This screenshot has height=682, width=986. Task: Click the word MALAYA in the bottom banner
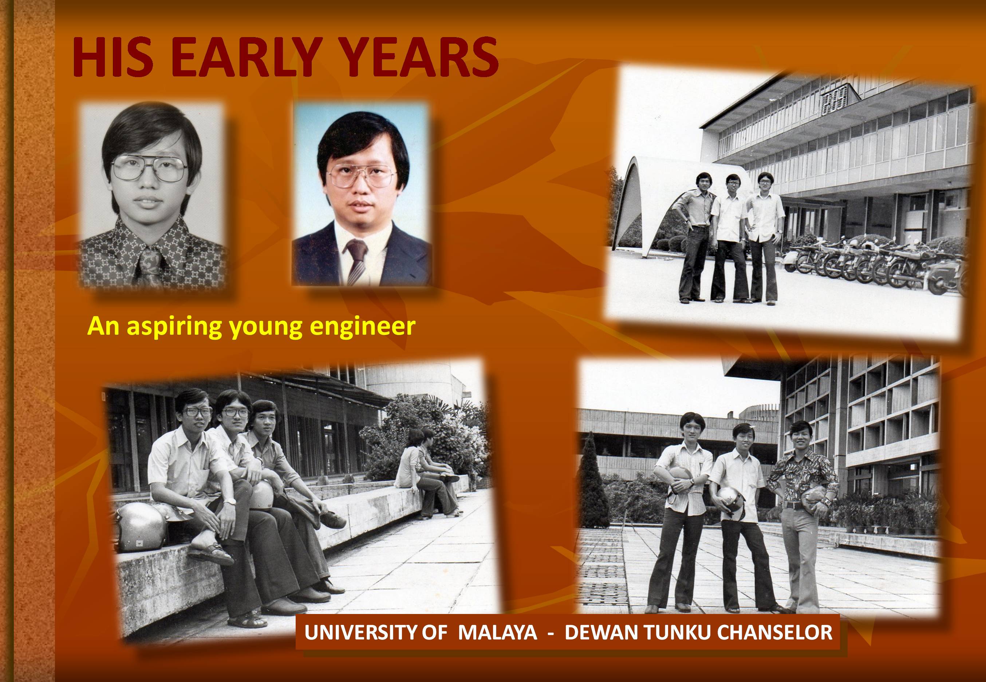click(497, 633)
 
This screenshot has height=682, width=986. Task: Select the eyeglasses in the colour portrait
click(362, 175)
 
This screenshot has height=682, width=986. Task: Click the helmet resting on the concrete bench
click(140, 526)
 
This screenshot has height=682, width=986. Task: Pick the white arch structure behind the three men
click(659, 201)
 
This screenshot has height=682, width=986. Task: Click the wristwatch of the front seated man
click(230, 501)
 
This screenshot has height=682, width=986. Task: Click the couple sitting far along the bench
click(428, 472)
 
